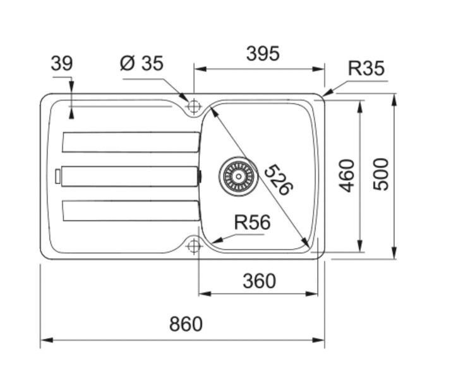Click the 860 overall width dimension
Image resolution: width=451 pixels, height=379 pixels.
[186, 324]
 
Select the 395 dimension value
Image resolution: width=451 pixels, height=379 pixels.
[262, 54]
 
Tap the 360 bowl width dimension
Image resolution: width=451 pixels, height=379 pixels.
[259, 280]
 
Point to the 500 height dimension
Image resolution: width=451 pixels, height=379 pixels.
[381, 174]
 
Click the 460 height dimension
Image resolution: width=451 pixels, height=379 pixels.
[347, 176]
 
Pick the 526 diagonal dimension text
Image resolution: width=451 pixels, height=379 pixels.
[278, 180]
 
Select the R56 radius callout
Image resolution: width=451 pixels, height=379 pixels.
[252, 222]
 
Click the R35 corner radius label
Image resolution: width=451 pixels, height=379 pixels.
[366, 68]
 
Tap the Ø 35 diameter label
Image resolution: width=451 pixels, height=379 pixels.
[141, 63]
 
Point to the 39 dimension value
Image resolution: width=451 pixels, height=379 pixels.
[61, 64]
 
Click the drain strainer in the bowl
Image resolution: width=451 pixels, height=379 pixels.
[238, 176]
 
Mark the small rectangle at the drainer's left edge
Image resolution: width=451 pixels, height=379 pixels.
[58, 176]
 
